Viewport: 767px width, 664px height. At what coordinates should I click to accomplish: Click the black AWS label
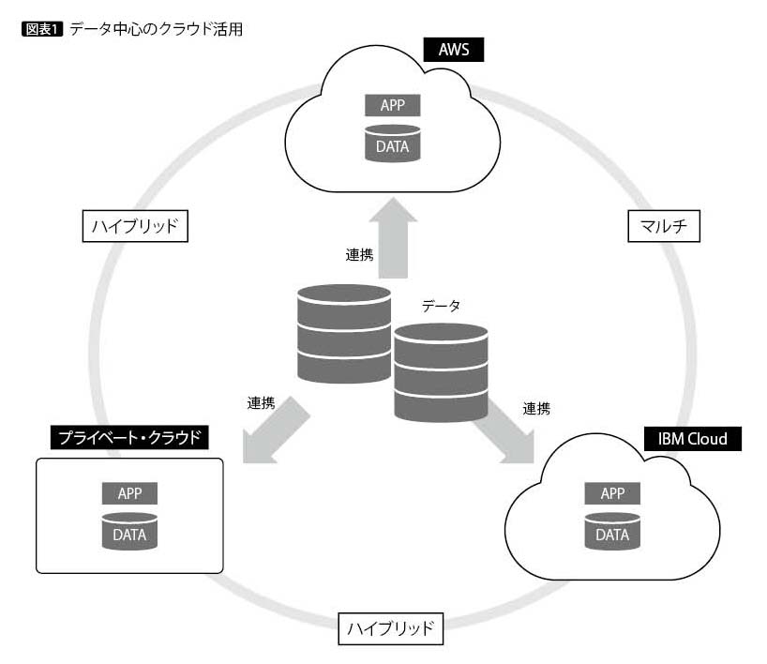[453, 50]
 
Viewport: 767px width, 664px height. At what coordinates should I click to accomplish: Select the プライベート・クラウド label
[129, 437]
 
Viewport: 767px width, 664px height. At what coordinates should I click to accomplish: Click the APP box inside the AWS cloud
[392, 105]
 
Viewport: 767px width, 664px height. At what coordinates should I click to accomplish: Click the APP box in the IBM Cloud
[612, 493]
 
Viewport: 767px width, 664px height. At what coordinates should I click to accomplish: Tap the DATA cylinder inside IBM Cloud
[612, 531]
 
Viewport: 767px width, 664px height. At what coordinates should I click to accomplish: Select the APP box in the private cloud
[129, 493]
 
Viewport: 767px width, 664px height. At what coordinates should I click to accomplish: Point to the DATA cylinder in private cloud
[129, 531]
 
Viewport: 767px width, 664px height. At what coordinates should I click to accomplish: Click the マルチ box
[663, 225]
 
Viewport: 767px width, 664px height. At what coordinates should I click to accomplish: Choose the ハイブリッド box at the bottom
[389, 628]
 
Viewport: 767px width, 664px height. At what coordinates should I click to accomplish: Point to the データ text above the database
[441, 306]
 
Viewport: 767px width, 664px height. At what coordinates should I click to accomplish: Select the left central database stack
[343, 333]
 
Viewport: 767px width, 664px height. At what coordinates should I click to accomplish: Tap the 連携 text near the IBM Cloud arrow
[536, 408]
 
